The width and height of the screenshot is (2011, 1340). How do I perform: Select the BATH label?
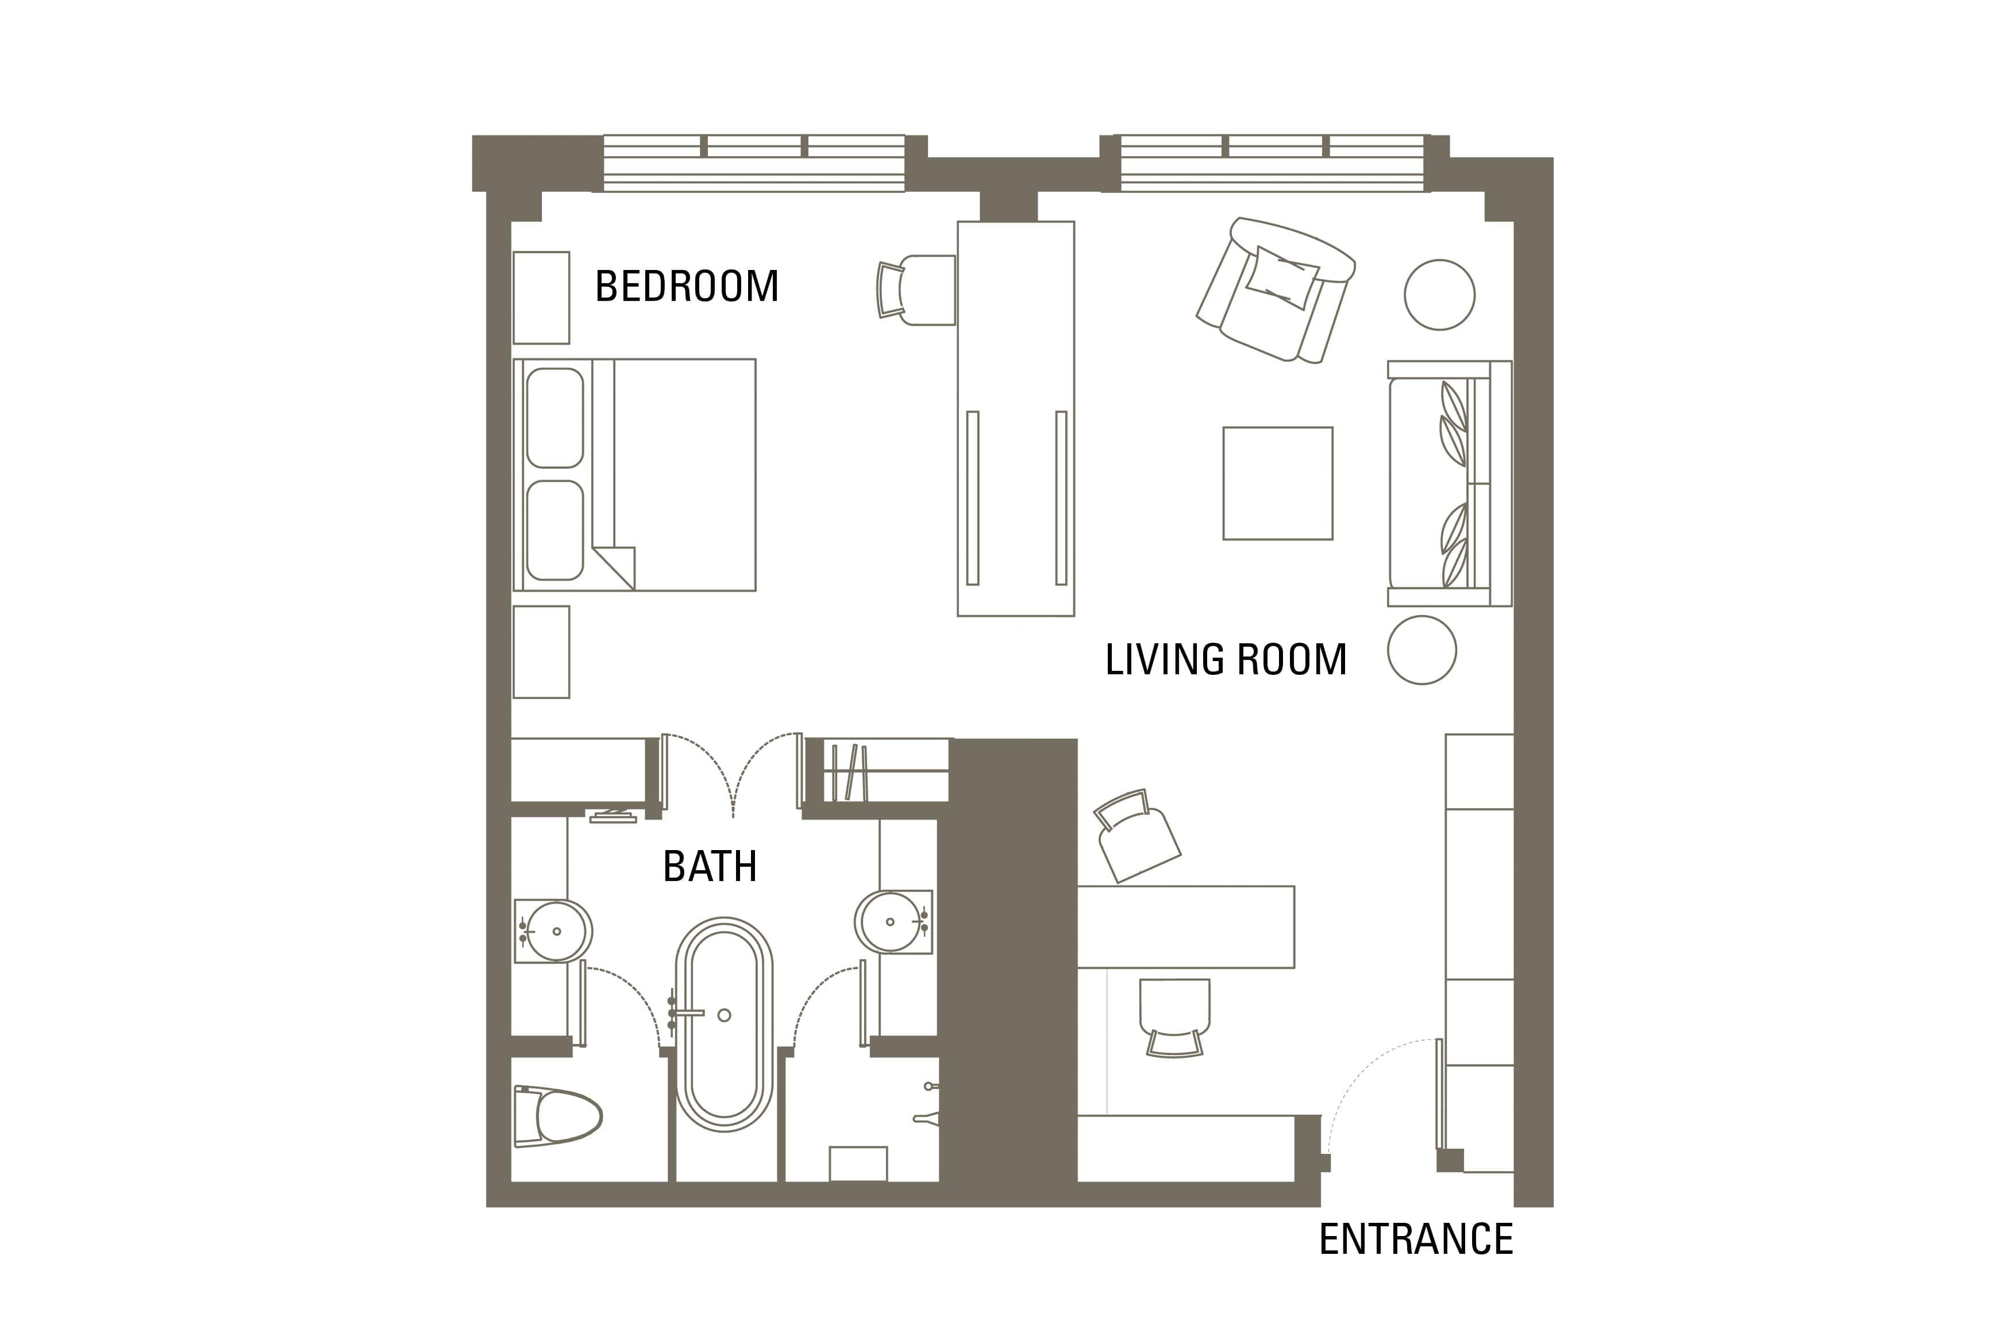tap(710, 867)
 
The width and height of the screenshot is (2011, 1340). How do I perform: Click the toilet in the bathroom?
tap(558, 1116)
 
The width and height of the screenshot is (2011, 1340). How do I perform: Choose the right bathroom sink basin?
tap(889, 921)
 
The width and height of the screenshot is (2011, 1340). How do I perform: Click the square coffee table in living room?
tap(1278, 484)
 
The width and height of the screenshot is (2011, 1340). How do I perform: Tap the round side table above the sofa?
tap(1439, 295)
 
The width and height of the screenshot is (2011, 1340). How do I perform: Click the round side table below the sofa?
tap(1421, 650)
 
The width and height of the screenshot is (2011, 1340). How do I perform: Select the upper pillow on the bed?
tap(554, 418)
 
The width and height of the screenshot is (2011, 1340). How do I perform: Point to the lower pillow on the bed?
tap(554, 531)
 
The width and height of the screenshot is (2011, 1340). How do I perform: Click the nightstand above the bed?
tap(541, 298)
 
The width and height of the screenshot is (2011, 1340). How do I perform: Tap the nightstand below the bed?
tap(541, 652)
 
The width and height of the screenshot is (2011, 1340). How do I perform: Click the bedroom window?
tap(754, 163)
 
